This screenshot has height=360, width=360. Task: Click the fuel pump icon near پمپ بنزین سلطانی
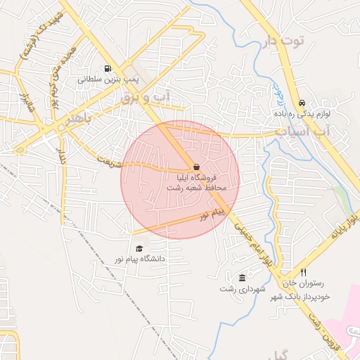[106, 69]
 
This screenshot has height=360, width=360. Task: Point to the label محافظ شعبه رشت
[195, 189]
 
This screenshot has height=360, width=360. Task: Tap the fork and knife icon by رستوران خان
[304, 272]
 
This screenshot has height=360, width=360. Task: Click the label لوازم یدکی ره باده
[302, 112]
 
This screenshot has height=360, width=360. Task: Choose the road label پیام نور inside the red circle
[214, 212]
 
